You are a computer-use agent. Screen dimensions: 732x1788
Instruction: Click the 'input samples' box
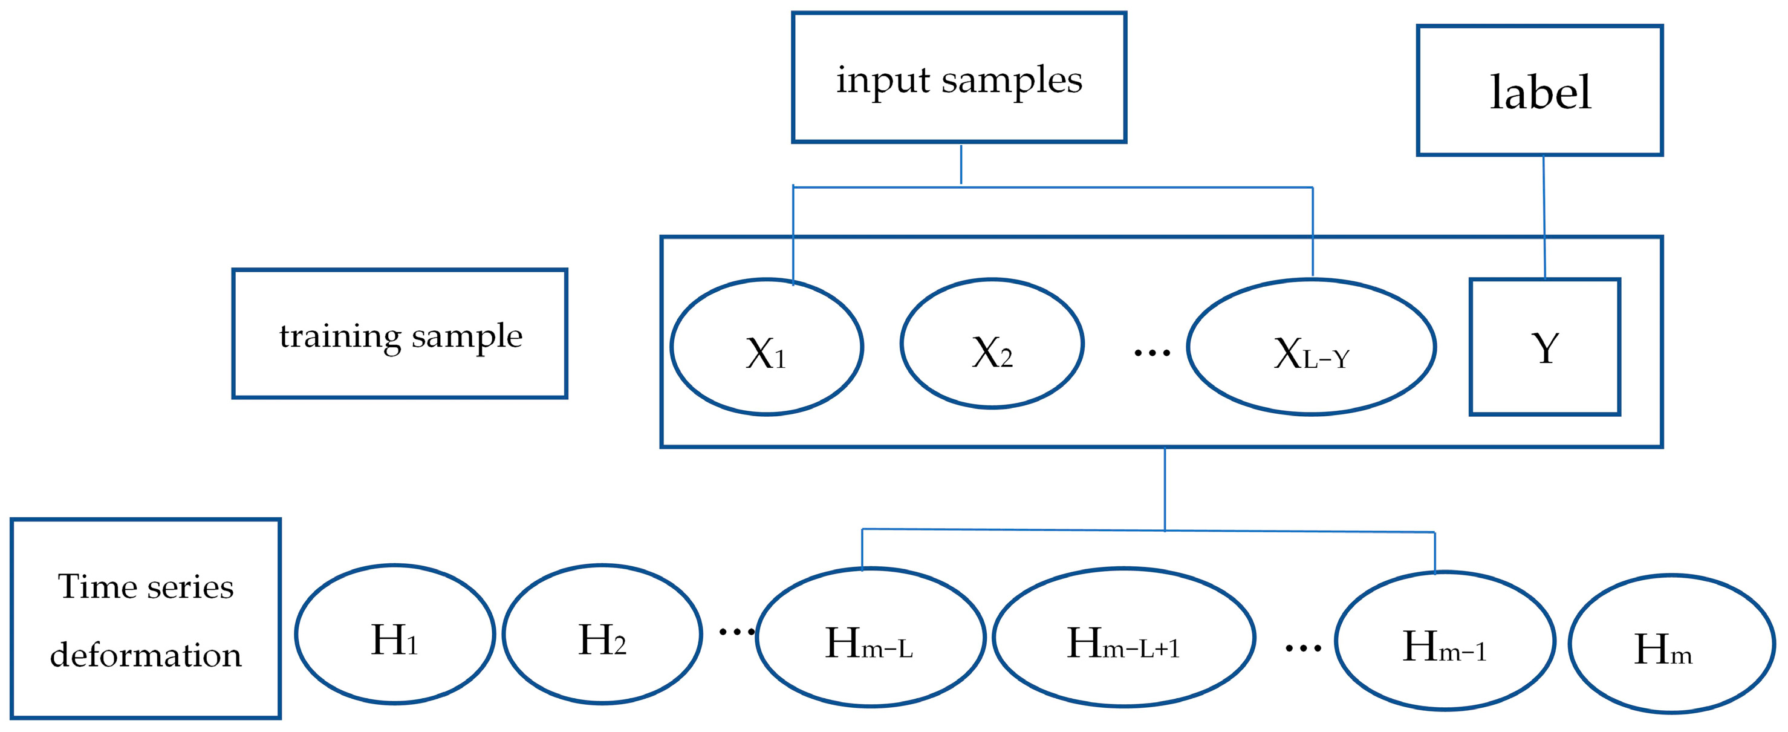[958, 78]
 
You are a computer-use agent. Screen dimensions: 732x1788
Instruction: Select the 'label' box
[1539, 90]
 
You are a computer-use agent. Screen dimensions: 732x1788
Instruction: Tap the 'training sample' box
[400, 334]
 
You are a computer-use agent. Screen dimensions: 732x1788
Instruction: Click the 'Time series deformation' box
[146, 618]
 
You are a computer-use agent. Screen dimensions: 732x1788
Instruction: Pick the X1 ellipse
[766, 347]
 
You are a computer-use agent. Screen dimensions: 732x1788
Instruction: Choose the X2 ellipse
[992, 344]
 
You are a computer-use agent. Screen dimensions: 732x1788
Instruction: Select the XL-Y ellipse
[1311, 347]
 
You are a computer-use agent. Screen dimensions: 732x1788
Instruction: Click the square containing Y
[1544, 347]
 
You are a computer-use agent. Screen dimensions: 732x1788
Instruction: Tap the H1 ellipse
[394, 634]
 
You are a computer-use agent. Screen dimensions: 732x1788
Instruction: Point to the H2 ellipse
[602, 634]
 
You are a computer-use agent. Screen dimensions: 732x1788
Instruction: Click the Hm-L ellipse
[870, 638]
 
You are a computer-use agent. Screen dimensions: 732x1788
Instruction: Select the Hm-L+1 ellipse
[1123, 638]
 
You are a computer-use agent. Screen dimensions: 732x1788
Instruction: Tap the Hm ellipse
[1671, 644]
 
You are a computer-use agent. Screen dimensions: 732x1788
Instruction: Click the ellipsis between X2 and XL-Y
[1151, 353]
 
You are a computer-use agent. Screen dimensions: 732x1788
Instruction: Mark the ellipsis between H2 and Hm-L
[736, 632]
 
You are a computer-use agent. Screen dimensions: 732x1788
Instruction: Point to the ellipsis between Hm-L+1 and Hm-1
[1303, 649]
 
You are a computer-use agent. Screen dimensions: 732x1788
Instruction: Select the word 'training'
[340, 337]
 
